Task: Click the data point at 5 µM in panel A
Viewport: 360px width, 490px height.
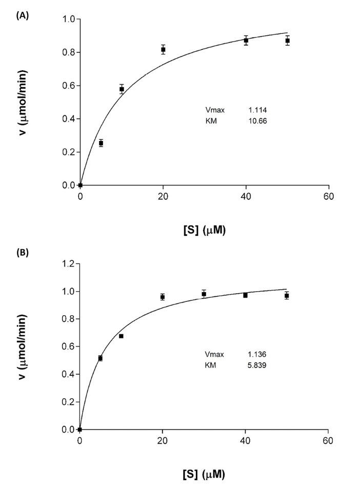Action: (101, 143)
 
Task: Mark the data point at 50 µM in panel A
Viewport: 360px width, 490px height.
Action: (288, 40)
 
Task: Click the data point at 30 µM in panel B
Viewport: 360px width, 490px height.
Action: (204, 294)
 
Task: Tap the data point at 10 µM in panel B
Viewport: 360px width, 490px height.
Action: (121, 336)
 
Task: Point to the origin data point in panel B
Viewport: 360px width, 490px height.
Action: (80, 429)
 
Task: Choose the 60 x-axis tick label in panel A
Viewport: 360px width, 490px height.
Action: (329, 197)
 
